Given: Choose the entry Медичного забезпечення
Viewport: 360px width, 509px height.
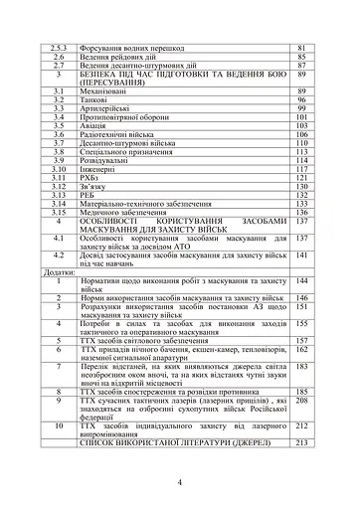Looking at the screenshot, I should (139, 212).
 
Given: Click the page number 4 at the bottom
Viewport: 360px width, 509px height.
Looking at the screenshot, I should (179, 482).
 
